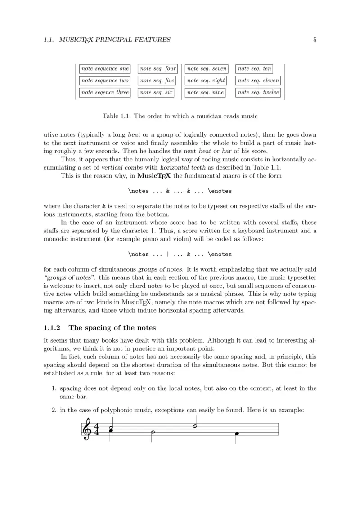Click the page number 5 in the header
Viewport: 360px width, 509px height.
click(315, 40)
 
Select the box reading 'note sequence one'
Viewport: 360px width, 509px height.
click(105, 69)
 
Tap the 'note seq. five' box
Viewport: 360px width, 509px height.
click(157, 80)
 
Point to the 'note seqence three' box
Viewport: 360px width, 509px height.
click(105, 93)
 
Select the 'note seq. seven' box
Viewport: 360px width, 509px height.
click(207, 69)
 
